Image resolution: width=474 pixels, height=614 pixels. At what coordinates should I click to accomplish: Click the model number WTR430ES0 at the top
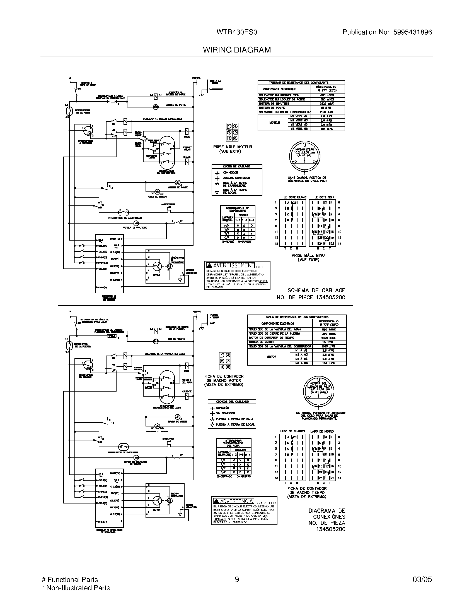click(x=236, y=32)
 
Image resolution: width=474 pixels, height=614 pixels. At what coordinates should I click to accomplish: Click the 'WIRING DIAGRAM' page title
click(x=237, y=50)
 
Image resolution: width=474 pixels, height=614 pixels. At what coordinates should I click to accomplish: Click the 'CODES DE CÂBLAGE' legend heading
click(x=236, y=166)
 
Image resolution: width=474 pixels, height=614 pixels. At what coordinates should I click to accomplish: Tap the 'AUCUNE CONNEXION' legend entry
click(x=236, y=178)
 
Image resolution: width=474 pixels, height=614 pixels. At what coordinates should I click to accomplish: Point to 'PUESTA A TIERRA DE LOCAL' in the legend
click(x=235, y=424)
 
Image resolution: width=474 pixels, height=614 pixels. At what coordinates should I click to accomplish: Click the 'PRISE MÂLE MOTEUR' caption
click(x=233, y=147)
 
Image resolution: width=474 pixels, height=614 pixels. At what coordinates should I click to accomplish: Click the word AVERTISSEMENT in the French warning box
click(x=234, y=265)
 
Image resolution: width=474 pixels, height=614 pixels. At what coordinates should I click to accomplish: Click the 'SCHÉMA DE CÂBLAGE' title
click(x=316, y=291)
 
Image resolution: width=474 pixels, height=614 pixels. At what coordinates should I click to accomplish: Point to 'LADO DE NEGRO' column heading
click(x=322, y=431)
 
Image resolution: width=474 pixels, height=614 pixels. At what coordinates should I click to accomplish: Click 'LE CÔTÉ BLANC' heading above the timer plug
click(x=295, y=197)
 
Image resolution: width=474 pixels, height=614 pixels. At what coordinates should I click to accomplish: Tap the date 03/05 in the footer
click(x=422, y=580)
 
